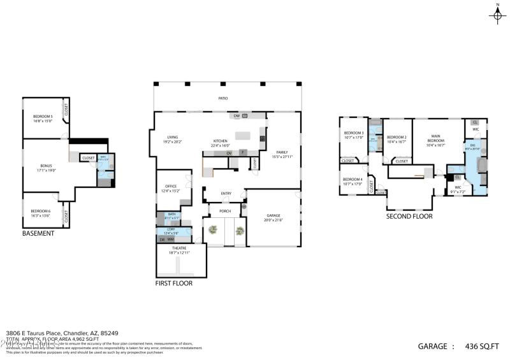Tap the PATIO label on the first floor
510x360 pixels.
(x=223, y=98)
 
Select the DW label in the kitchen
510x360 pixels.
(x=237, y=116)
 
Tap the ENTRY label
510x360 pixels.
(x=226, y=194)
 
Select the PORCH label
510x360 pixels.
(x=225, y=211)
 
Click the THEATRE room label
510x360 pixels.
(x=179, y=250)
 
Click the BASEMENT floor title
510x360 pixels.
(x=38, y=233)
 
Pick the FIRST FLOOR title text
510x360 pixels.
(x=174, y=283)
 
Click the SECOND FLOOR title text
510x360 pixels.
(x=409, y=216)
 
